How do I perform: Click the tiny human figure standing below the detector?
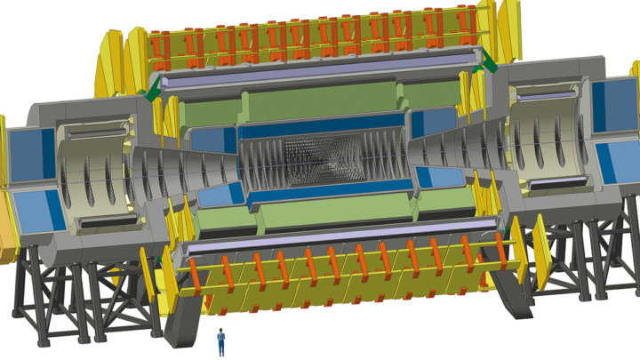[221, 341]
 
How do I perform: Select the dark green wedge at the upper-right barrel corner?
[486, 62]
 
